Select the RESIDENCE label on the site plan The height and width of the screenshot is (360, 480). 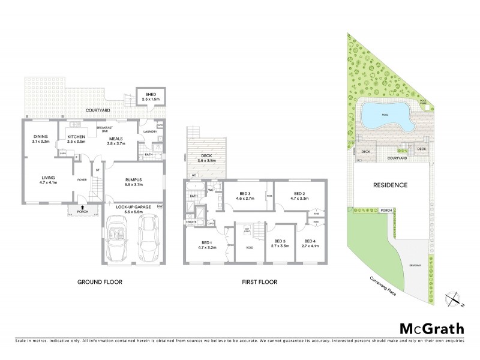390,185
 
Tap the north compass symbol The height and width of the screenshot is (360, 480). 454,298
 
